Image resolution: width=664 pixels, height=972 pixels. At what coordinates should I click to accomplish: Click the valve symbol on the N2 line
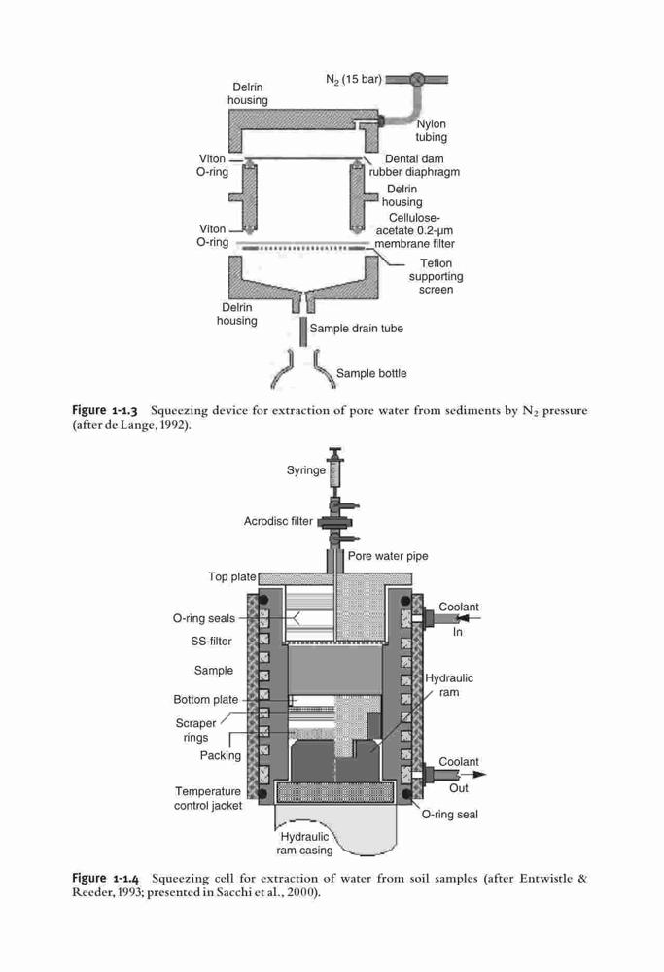coord(417,80)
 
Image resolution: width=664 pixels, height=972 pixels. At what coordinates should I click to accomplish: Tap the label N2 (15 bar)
coord(354,80)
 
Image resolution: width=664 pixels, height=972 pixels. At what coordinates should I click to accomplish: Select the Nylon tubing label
coord(431,130)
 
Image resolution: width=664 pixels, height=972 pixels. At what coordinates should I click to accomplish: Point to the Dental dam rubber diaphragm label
coord(414,165)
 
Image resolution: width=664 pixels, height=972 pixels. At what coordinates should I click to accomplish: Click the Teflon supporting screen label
coord(436,276)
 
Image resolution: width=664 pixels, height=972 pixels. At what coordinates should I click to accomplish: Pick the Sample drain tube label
coord(357,329)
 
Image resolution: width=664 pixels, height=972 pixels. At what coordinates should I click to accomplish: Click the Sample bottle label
coord(371,374)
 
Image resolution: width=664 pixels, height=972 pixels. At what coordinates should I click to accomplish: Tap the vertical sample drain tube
coord(303,332)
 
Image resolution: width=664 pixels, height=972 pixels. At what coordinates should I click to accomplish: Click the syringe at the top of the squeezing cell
coord(336,469)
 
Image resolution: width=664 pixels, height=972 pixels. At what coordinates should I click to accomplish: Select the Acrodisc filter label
coord(278,521)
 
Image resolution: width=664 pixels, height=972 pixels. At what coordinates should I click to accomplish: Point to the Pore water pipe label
coord(388,556)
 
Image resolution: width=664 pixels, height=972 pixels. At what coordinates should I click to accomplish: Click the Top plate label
coord(232,577)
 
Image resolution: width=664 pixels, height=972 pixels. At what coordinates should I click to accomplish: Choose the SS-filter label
coord(211,642)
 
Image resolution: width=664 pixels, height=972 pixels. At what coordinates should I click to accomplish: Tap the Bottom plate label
coord(206,700)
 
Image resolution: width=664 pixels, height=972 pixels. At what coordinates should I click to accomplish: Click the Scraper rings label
coord(196,730)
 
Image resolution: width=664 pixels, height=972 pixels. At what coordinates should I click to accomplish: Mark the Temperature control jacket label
coord(208,798)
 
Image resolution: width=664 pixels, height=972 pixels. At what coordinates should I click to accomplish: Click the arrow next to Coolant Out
coord(473,775)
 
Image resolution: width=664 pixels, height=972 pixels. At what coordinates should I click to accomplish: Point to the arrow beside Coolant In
coord(468,618)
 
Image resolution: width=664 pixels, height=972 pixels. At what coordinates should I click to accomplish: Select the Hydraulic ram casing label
coord(304,844)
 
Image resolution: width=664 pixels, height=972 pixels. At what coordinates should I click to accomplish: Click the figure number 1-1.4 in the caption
coord(125,879)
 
